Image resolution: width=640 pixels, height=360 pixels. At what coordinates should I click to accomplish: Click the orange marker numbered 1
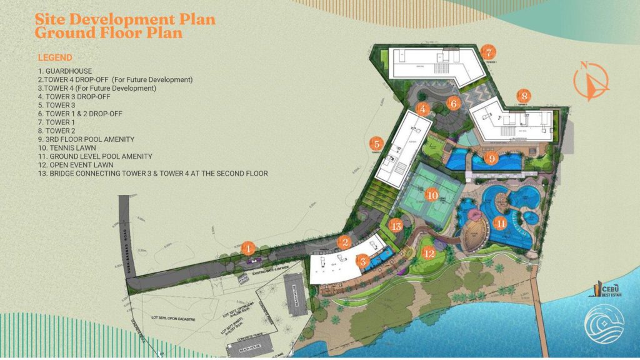(249, 249)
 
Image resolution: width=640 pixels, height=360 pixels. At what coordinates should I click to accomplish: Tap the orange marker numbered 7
(489, 52)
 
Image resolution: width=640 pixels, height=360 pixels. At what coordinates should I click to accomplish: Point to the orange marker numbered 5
(376, 143)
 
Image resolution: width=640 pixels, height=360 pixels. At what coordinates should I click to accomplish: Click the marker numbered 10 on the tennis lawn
(432, 195)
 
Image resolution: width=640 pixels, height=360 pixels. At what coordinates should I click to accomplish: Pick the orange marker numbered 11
(500, 222)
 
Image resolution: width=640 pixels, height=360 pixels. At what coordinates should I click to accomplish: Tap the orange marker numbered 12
(429, 253)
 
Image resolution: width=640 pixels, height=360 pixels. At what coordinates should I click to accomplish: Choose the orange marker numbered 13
(396, 226)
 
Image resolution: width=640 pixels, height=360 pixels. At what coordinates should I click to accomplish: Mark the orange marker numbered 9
(492, 159)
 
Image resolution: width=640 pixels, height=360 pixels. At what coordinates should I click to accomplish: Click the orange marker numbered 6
(454, 102)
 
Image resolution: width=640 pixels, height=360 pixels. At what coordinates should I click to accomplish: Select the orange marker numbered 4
(423, 109)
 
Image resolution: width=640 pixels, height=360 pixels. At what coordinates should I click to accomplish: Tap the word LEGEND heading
(55, 57)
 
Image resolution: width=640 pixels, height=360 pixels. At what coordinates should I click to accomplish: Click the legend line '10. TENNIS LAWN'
(70, 147)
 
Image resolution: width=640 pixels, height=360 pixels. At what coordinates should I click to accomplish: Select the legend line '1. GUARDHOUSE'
(65, 71)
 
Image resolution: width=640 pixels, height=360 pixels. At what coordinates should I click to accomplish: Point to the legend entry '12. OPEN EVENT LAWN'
(81, 164)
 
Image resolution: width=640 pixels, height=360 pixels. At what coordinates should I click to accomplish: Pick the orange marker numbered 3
(364, 262)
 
